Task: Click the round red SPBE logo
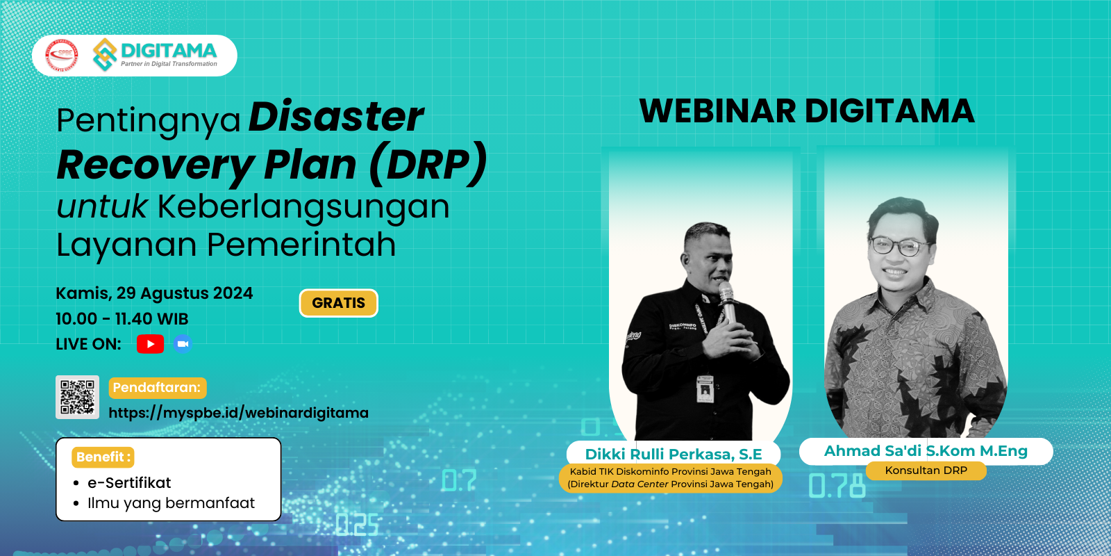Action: (62, 55)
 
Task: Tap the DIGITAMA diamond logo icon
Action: (105, 55)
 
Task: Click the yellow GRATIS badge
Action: (339, 303)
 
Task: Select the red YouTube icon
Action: (150, 344)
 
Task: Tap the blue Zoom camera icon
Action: (183, 344)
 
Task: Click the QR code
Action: (77, 397)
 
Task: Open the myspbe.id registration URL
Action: (239, 413)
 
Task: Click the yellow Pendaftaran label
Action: (158, 388)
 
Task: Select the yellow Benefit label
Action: (103, 457)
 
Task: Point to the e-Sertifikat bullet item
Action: (129, 482)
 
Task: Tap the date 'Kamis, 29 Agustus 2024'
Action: (154, 293)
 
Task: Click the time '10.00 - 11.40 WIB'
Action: (122, 319)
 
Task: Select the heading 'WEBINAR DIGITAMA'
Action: (807, 111)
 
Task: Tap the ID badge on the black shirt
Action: (705, 389)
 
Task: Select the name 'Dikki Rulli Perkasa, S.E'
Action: (674, 455)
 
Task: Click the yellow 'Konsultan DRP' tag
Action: (926, 471)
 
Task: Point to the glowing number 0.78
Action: (837, 486)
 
